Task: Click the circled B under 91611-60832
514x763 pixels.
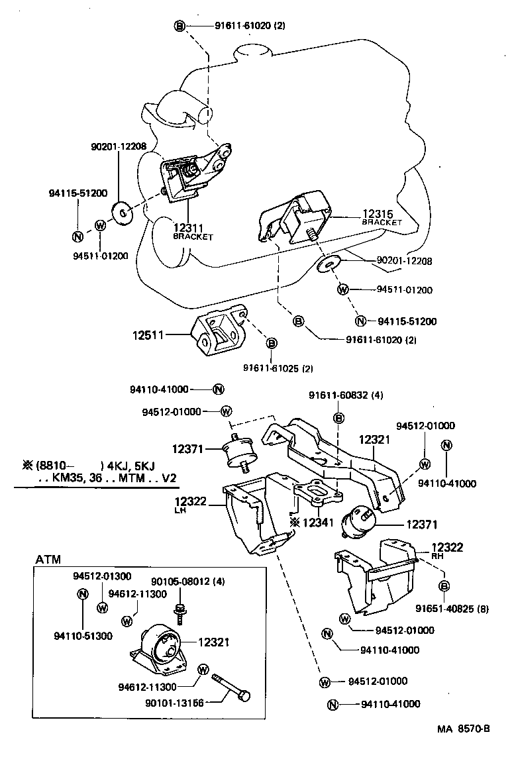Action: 338,417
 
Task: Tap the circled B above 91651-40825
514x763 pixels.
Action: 444,585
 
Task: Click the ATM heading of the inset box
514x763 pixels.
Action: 48,560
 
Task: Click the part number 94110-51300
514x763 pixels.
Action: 83,636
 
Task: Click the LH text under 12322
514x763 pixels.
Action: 180,511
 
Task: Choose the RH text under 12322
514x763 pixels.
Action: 437,557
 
